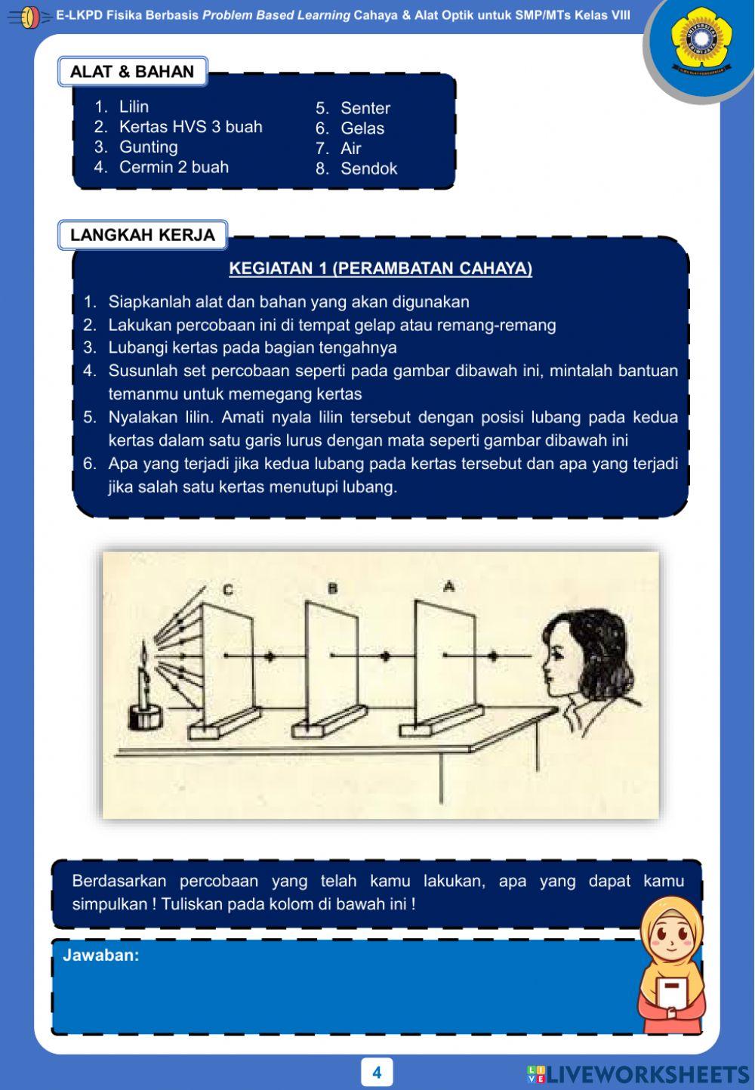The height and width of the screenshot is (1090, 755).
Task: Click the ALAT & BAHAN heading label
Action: [132, 72]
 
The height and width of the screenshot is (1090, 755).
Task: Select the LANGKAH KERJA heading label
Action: [143, 235]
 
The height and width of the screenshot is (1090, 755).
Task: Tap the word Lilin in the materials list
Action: [134, 107]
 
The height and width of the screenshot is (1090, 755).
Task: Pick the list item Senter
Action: [365, 108]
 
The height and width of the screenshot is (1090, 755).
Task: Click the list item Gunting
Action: [148, 147]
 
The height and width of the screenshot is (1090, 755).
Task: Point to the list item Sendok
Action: [368, 168]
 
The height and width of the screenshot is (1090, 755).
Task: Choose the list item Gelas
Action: [362, 128]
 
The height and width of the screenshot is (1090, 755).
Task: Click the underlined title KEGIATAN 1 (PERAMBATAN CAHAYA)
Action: [381, 268]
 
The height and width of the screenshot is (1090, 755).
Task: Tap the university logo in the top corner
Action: [701, 41]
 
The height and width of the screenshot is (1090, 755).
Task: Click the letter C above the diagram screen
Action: [228, 589]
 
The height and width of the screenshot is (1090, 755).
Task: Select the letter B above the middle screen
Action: [332, 588]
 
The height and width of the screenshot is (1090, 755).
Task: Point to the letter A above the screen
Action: [449, 585]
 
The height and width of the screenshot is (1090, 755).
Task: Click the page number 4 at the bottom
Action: [377, 1072]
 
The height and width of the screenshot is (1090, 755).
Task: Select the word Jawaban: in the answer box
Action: [101, 955]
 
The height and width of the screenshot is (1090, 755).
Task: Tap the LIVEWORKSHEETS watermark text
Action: [647, 1074]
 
